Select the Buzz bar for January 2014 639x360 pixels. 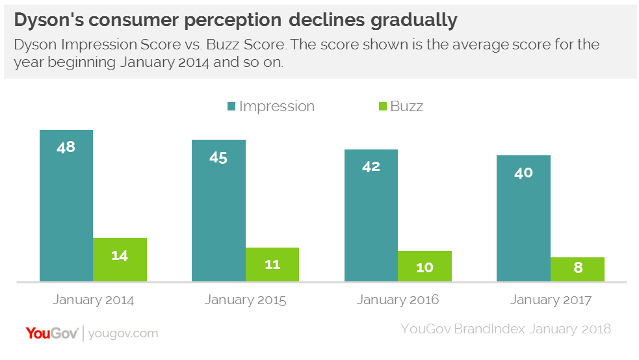pos(120,260)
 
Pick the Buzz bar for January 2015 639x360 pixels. pos(272,264)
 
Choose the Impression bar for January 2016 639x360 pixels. pos(371,221)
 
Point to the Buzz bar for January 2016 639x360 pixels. pos(424,266)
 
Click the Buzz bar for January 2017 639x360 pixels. pos(577,270)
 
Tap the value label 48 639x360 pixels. pos(66,147)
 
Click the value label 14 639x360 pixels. pos(120,255)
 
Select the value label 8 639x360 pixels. pos(577,267)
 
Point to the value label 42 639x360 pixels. pos(371,166)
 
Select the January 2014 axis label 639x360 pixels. pos(93,300)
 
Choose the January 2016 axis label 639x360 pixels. pos(398,300)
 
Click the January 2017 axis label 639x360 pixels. pos(551,300)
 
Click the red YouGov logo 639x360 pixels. pos(52,333)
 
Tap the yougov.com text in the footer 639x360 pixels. pos(123,333)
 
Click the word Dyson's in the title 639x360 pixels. pos(49,20)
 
